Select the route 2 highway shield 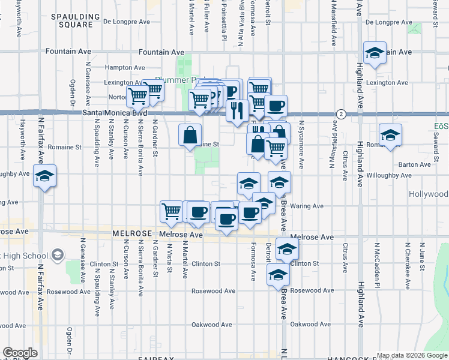[341, 113]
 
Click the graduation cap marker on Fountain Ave [375, 53]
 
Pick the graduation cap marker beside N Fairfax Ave [44, 176]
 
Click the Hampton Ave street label [125, 68]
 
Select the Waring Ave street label [307, 206]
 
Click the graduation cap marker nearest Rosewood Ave [278, 274]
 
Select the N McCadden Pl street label [378, 261]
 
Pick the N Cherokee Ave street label [408, 261]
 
